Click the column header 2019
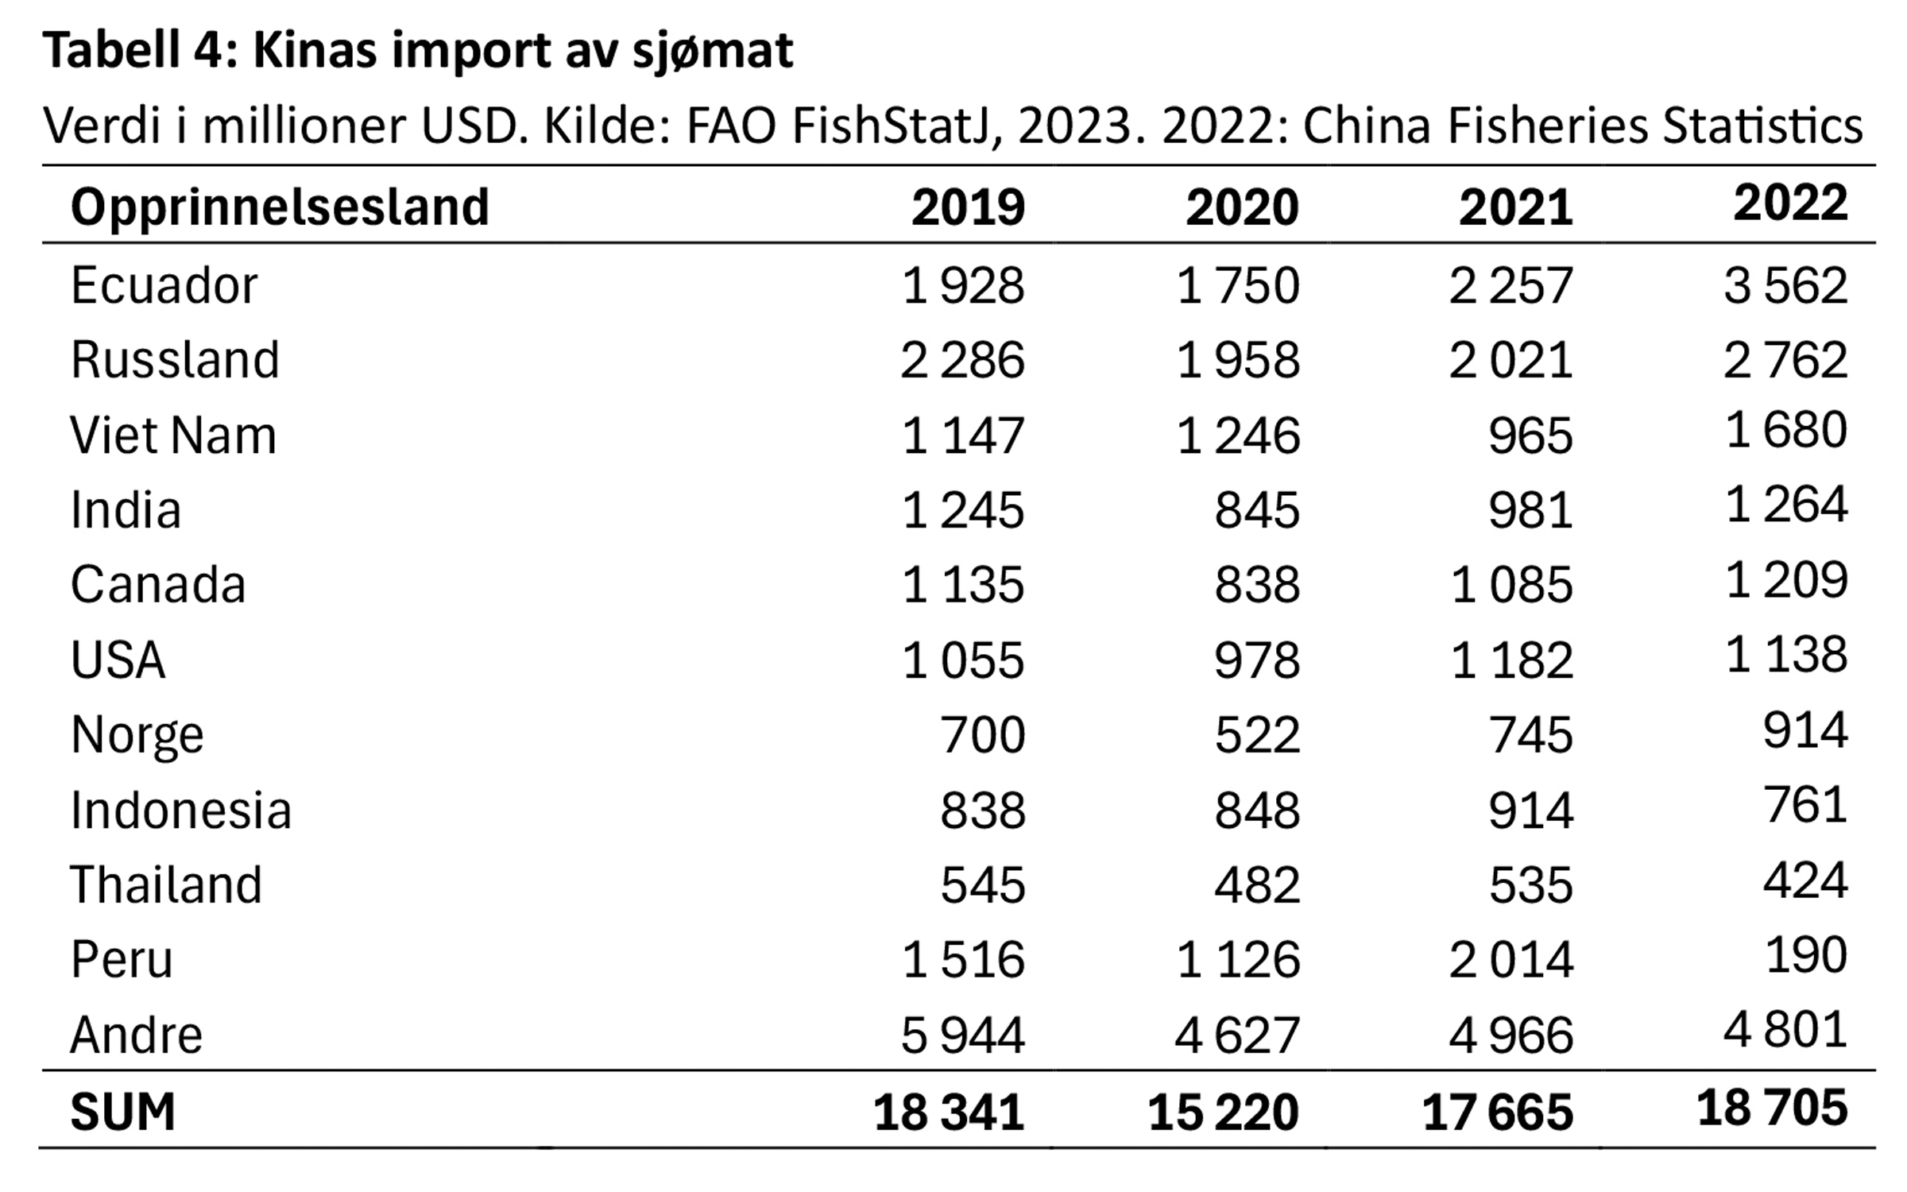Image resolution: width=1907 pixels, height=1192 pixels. (x=968, y=207)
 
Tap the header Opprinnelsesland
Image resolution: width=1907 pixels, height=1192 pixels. (x=280, y=207)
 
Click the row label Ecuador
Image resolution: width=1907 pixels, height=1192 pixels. (x=164, y=285)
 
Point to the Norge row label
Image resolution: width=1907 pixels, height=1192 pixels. (x=137, y=735)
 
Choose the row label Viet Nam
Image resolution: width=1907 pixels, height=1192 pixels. (x=173, y=435)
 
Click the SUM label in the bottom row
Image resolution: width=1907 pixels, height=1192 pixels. (x=122, y=1112)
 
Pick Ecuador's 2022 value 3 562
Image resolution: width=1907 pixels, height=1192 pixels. (x=1785, y=285)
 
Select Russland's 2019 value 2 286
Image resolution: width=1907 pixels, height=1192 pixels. (x=962, y=360)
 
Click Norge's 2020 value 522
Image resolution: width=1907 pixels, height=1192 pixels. (x=1257, y=735)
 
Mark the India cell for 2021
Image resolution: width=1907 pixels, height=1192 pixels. (x=1530, y=510)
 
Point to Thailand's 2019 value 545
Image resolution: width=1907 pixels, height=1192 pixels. (x=983, y=885)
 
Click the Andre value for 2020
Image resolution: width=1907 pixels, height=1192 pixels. (x=1237, y=1035)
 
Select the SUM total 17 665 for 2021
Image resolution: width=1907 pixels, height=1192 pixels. (x=1498, y=1112)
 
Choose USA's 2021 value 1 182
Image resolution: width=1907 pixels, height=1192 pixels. (x=1512, y=660)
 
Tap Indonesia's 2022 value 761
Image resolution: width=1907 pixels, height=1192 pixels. (x=1805, y=805)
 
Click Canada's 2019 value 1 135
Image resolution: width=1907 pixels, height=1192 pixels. (x=963, y=586)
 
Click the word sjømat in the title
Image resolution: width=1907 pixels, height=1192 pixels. (x=713, y=52)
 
